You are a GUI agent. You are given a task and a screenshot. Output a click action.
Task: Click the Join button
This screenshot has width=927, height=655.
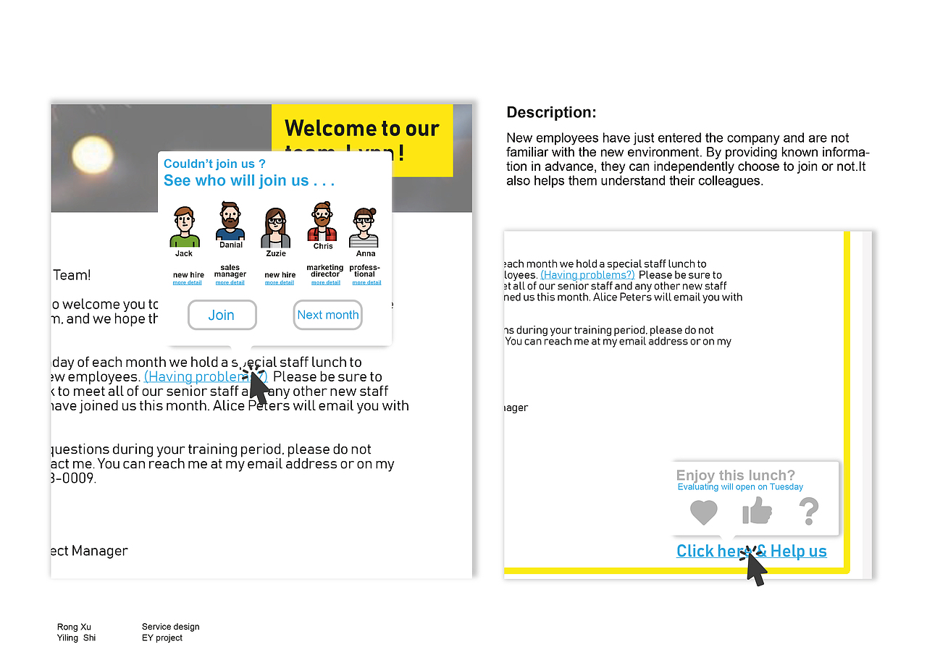pyautogui.click(x=222, y=315)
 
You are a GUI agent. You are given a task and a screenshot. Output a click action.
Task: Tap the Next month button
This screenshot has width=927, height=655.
pyautogui.click(x=327, y=315)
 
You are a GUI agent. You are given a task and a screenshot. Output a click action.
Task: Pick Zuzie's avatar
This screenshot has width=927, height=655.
pyautogui.click(x=275, y=228)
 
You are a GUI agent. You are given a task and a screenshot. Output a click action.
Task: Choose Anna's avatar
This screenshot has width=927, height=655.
pyautogui.click(x=364, y=227)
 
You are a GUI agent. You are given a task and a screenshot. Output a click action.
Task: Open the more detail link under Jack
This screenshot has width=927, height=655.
pyautogui.click(x=187, y=283)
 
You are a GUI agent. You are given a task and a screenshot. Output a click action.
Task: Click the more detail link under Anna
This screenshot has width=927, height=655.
pyautogui.click(x=366, y=283)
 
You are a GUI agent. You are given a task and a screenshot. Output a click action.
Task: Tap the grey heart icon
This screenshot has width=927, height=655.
pyautogui.click(x=703, y=512)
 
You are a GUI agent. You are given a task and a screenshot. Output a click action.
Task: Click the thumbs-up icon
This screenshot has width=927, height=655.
pyautogui.click(x=757, y=511)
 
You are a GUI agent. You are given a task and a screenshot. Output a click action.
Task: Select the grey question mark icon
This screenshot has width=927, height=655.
pyautogui.click(x=808, y=511)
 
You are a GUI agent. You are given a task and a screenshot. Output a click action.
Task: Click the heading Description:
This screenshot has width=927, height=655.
pyautogui.click(x=551, y=112)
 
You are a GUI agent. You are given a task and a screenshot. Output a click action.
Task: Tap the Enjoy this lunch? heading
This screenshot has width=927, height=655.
pyautogui.click(x=735, y=476)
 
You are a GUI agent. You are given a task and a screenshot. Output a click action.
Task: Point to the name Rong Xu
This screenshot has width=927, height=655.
pyautogui.click(x=74, y=627)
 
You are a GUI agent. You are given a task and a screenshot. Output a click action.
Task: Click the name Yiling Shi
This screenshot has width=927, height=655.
pyautogui.click(x=76, y=638)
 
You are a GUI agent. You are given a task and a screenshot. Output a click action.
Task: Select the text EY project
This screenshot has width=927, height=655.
pyautogui.click(x=162, y=638)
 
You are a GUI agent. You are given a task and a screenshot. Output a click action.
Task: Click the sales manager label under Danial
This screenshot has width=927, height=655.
pyautogui.click(x=230, y=271)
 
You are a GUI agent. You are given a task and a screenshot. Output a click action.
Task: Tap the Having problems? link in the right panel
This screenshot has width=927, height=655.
pyautogui.click(x=587, y=275)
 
